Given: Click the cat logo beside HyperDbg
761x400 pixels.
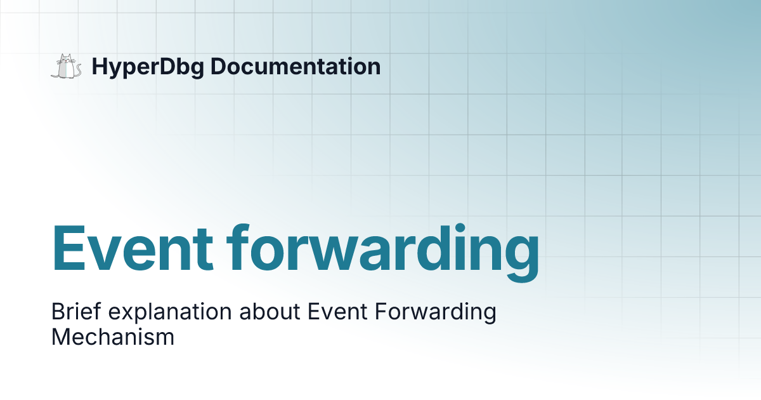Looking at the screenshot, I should tap(66, 67).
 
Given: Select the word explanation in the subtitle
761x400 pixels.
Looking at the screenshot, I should tap(169, 314).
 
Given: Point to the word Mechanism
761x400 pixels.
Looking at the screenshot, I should tap(113, 337).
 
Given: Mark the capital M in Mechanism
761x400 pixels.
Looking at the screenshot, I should tap(60, 337).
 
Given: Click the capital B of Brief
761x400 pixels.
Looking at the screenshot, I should tap(57, 312).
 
